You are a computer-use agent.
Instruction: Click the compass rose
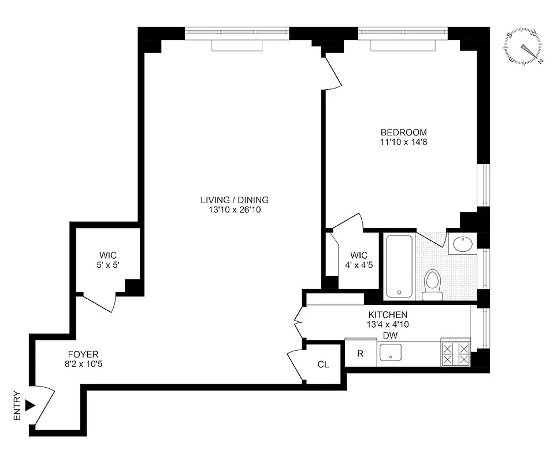coord(525,46)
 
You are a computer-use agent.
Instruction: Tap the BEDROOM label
coord(404,132)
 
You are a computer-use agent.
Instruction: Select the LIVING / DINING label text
coord(234,200)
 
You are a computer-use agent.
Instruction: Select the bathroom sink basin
coord(462,244)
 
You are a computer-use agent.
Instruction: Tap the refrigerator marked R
coord(360,354)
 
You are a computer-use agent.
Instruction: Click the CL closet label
coord(323,365)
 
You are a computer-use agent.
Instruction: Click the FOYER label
coord(82,354)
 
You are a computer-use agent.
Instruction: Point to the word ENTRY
coord(17,406)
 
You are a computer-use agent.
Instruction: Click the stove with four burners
coord(456,354)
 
